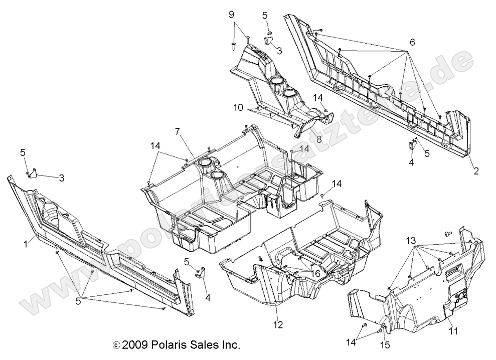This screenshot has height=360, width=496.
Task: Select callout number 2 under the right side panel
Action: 476,171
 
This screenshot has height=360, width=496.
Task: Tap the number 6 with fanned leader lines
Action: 412,43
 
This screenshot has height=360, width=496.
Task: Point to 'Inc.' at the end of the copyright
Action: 230,345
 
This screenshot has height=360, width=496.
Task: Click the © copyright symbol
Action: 117,345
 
